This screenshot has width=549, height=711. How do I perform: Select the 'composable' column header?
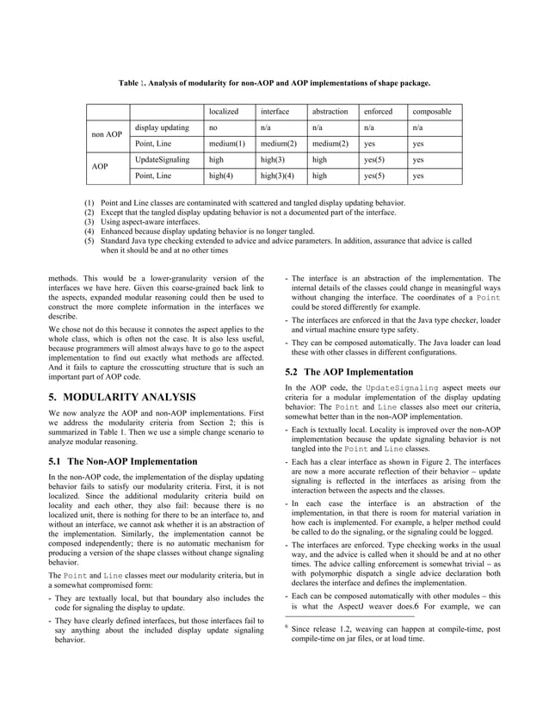click(432, 111)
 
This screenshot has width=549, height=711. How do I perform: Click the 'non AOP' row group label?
click(107, 135)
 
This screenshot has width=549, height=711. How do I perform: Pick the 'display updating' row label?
click(163, 127)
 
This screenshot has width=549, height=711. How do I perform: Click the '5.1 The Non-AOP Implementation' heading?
click(123, 461)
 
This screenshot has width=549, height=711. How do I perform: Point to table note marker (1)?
click(89, 201)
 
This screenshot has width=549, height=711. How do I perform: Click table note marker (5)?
click(89, 242)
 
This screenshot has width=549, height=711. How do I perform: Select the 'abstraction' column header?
click(330, 111)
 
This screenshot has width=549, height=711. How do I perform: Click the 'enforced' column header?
click(378, 111)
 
